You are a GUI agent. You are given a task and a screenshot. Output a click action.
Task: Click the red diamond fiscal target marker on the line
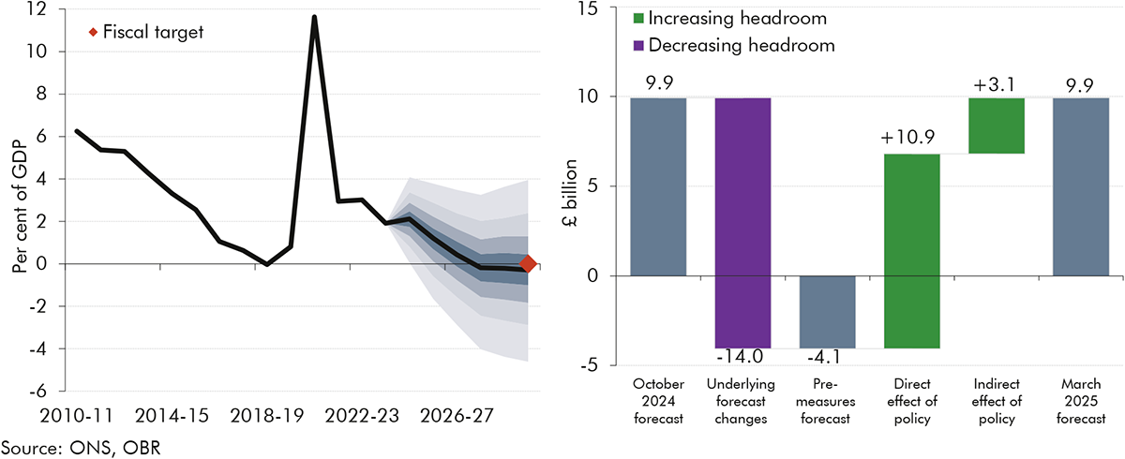tap(528, 264)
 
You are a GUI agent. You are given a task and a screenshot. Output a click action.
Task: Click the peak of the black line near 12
tap(314, 17)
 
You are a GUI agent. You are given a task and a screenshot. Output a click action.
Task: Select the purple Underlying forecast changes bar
tap(742, 223)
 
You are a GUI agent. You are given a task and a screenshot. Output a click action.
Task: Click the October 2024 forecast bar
tap(658, 186)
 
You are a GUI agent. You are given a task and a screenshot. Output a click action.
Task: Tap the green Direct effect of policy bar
tap(911, 251)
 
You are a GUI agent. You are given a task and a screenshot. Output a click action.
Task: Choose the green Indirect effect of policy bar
tap(996, 126)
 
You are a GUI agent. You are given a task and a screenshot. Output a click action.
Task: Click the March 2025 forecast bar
tap(1080, 186)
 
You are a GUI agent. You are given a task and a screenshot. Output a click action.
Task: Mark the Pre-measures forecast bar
tap(827, 312)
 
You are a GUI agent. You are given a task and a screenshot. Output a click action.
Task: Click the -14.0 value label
tap(741, 357)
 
